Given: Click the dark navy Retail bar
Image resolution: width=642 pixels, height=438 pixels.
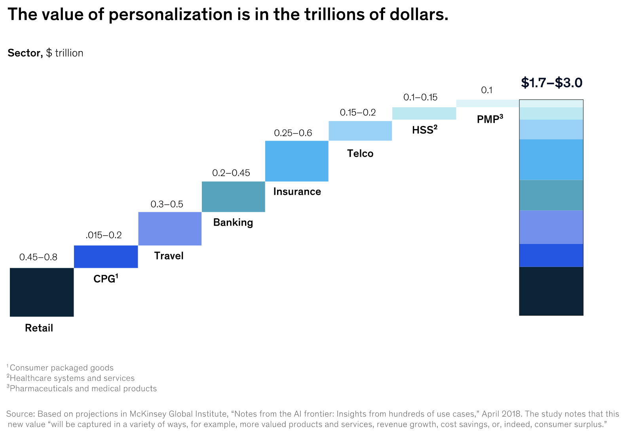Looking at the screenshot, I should [42, 292].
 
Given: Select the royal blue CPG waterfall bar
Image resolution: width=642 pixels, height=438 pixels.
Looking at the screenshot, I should [106, 257].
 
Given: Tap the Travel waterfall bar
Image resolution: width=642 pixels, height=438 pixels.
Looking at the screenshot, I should [170, 229].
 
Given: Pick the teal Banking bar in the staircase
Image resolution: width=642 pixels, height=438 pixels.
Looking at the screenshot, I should [233, 196].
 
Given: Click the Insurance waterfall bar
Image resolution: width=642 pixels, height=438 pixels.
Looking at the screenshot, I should [296, 161].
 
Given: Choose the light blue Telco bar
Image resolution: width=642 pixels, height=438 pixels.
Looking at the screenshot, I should [360, 131].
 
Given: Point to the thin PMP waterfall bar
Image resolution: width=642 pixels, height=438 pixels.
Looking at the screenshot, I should [488, 103].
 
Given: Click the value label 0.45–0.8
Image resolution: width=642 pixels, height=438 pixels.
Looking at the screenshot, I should [38, 257].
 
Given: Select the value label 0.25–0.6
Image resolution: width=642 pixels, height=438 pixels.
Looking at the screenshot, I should [293, 133].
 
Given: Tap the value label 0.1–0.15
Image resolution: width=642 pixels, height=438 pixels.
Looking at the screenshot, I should [420, 97].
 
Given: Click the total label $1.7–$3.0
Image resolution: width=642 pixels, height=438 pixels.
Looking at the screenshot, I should [551, 83].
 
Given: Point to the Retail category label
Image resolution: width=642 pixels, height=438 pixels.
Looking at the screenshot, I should [39, 328].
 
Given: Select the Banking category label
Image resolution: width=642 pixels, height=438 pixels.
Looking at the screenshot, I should [233, 222].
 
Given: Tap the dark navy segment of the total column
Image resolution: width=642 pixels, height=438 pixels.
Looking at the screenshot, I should [551, 291].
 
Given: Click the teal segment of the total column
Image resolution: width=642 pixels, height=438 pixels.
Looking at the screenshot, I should [551, 195].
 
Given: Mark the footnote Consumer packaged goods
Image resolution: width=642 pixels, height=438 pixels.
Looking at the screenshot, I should [62, 368].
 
